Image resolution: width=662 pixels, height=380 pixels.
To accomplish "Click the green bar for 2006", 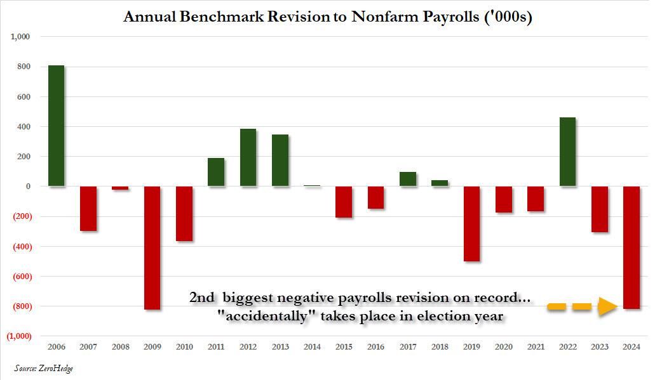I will [x=56, y=126].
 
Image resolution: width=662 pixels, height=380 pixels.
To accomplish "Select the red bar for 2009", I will [x=152, y=247].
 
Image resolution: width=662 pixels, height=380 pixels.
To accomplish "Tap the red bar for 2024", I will [x=632, y=247].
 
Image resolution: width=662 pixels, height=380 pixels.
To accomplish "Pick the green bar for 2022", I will [x=567, y=152].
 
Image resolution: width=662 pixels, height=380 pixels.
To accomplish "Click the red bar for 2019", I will [x=471, y=223].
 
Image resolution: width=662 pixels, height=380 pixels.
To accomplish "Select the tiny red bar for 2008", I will [x=120, y=188].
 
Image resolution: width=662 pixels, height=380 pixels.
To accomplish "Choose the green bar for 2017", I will [x=408, y=179].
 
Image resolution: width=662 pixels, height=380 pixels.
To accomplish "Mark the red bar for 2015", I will [x=344, y=202].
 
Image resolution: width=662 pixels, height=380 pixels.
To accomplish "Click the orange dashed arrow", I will [x=582, y=307].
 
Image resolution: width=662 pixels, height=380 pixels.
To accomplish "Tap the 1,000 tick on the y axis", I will [x=20, y=37].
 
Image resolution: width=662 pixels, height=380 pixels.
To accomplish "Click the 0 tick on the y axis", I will [x=27, y=187].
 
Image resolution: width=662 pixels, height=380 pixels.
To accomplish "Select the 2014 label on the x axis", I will [x=312, y=347].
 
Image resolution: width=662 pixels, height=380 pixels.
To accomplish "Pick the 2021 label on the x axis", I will [x=536, y=347].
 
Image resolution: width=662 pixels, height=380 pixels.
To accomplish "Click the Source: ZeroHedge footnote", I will [x=44, y=368].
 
